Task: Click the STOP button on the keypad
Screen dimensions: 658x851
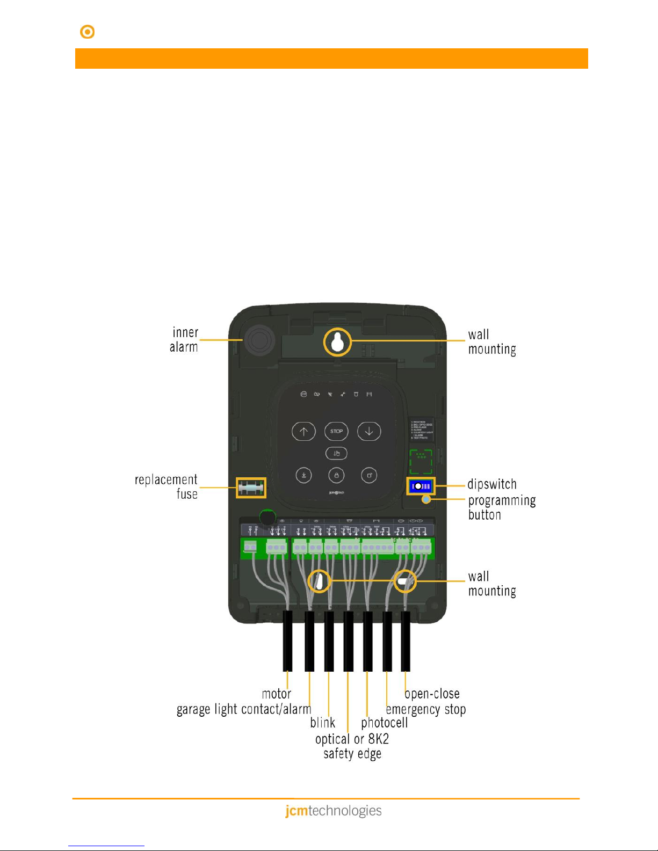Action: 336,431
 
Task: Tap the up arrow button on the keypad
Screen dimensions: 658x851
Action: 303,431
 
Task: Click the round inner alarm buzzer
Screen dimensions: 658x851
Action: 258,340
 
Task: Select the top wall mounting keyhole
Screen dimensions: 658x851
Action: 337,342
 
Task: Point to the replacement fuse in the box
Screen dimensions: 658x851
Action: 251,488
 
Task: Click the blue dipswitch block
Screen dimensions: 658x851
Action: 421,486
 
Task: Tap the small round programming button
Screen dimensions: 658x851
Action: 426,500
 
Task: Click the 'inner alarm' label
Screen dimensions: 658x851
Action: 184,340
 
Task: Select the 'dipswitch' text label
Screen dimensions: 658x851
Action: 491,484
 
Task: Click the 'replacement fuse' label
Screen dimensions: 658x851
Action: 167,486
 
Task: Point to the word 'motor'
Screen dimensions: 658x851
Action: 276,694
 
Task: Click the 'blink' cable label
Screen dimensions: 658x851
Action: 322,723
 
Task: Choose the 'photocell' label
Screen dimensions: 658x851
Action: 384,723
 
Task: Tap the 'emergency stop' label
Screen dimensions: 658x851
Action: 426,709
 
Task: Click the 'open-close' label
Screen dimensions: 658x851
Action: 432,694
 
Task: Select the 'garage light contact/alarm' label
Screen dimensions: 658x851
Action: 244,709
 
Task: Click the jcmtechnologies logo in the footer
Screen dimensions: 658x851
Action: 333,810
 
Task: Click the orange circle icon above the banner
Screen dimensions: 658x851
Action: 87,32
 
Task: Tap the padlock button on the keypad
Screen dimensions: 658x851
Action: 336,475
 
